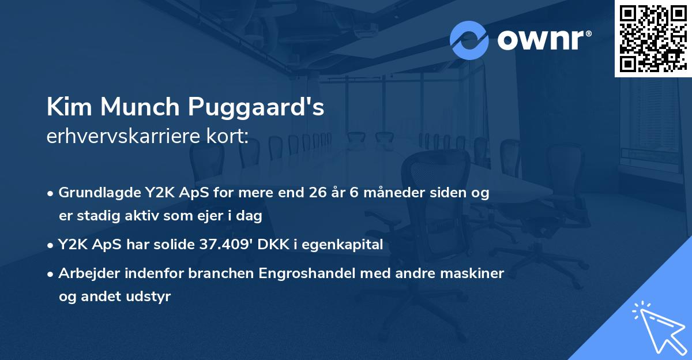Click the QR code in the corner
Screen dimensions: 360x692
coord(653,38)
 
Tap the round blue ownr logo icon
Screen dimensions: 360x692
coord(469,40)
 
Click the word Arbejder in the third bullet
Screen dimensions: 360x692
coord(86,273)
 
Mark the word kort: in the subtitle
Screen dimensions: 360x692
coord(229,137)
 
